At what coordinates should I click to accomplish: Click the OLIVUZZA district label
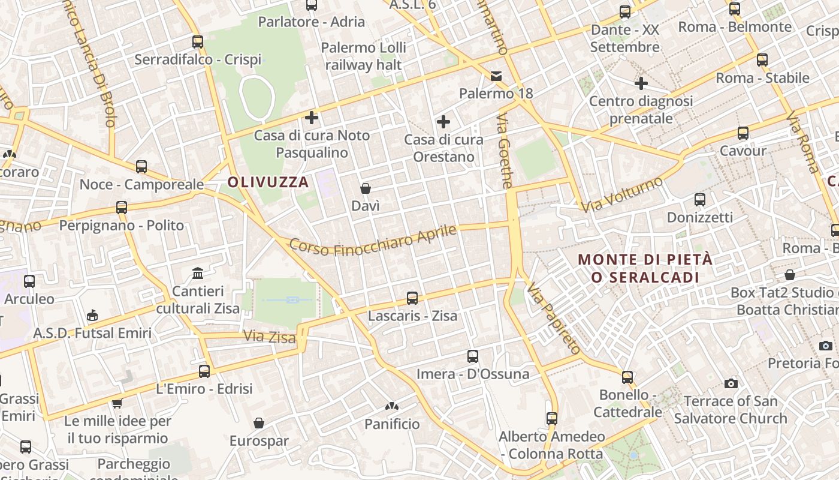(268, 182)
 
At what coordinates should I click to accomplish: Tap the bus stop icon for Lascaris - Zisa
(412, 298)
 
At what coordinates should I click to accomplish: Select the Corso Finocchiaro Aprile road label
(373, 239)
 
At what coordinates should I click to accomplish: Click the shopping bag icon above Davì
(366, 188)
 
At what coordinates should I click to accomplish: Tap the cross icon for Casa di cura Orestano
(443, 122)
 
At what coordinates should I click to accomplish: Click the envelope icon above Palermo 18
(496, 76)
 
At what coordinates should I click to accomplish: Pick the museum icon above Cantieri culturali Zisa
(198, 274)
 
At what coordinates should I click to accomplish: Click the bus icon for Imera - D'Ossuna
(473, 356)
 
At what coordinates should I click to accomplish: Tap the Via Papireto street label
(554, 319)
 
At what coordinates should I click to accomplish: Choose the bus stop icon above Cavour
(743, 133)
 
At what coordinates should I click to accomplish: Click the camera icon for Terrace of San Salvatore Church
(731, 383)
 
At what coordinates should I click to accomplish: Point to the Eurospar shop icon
(259, 423)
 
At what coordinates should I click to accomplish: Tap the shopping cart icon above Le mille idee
(117, 403)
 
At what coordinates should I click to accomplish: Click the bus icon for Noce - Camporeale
(141, 167)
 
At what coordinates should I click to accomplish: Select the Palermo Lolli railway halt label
(364, 56)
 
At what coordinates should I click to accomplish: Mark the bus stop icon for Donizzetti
(700, 200)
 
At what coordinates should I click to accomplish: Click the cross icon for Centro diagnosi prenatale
(641, 83)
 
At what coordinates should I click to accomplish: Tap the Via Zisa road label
(269, 337)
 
